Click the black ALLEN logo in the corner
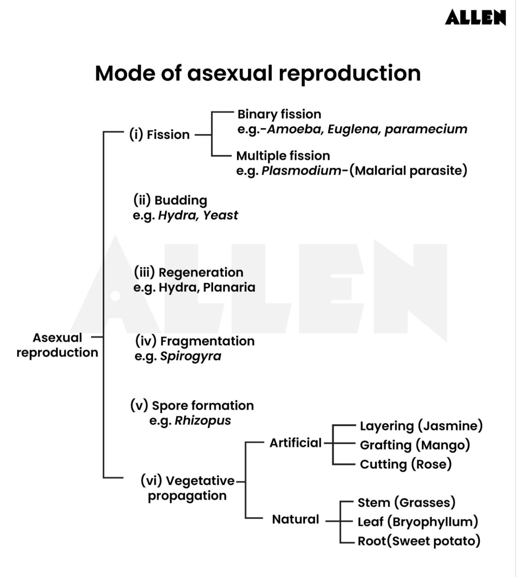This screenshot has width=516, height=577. tap(475, 17)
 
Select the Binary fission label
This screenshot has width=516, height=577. tap(279, 114)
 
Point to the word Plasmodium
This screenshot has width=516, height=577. tap(301, 170)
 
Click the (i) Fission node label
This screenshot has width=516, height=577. tap(159, 135)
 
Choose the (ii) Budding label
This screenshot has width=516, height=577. tap(170, 200)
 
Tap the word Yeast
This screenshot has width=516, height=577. tap(220, 215)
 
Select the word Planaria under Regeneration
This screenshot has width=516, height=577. tap(229, 287)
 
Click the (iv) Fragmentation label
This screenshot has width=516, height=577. tap(194, 341)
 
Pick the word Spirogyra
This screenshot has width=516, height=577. tap(191, 356)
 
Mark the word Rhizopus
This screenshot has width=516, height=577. tap(202, 420)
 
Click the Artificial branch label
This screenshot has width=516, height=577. tap(295, 443)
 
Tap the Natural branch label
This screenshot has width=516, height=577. tap(295, 519)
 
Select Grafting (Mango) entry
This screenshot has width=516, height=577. tap(415, 445)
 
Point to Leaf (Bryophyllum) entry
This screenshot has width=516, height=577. tap(417, 522)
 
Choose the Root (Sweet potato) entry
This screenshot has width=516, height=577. tap(419, 541)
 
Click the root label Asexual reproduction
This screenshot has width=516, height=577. tap(57, 345)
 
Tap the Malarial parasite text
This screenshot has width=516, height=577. tap(408, 170)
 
